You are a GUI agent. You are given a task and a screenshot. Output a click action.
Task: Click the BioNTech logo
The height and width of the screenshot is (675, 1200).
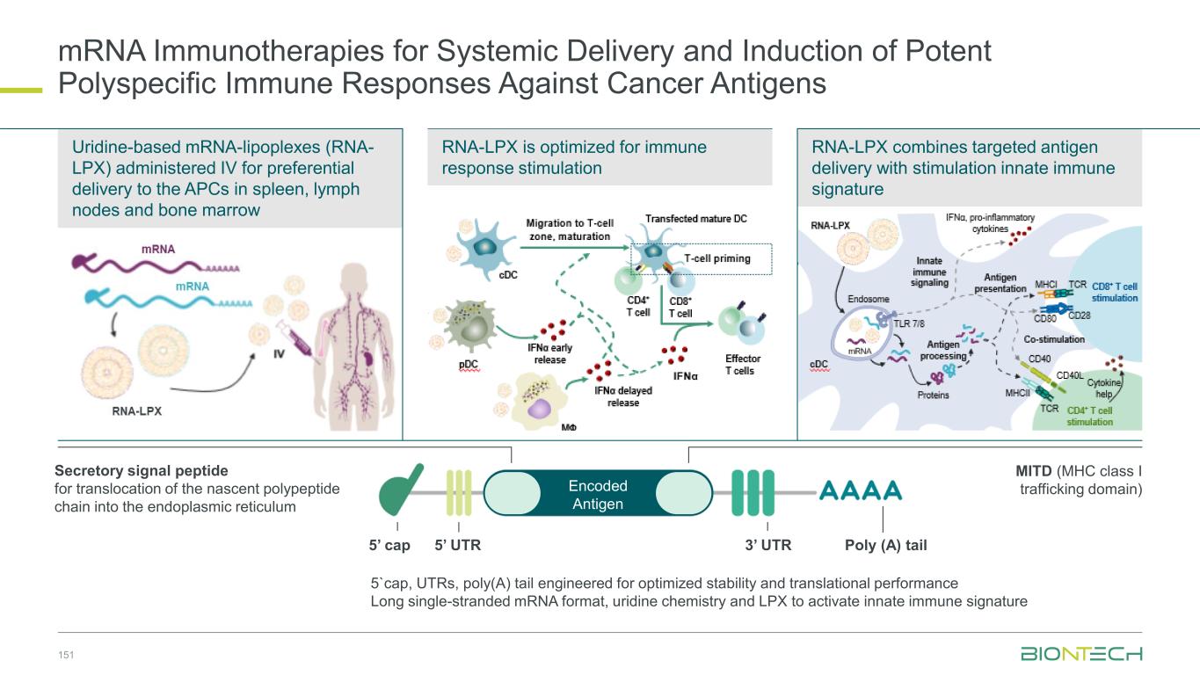pyautogui.click(x=1080, y=654)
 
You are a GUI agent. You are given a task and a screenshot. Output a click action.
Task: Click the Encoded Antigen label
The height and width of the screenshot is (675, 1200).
pyautogui.click(x=598, y=494)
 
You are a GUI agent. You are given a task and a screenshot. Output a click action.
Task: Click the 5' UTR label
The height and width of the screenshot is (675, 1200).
pyautogui.click(x=458, y=545)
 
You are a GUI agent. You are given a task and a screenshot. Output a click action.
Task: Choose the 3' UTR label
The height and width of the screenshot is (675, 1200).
pyautogui.click(x=767, y=545)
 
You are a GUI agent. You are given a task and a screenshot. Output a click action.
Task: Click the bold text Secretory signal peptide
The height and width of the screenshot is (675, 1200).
pyautogui.click(x=141, y=471)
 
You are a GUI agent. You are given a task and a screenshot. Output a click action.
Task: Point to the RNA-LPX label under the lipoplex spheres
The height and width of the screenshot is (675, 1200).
pyautogui.click(x=136, y=410)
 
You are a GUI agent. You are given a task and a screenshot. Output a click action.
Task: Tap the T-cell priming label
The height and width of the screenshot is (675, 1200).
pyautogui.click(x=717, y=258)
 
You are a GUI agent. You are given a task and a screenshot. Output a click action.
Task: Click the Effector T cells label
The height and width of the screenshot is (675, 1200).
pyautogui.click(x=743, y=364)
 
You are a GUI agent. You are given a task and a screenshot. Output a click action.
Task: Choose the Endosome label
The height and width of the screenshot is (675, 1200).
pyautogui.click(x=868, y=299)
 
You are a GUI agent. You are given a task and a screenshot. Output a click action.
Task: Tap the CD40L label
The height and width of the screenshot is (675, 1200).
pyautogui.click(x=1068, y=375)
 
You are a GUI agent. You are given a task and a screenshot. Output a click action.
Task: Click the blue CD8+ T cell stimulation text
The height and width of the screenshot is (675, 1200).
pyautogui.click(x=1114, y=292)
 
